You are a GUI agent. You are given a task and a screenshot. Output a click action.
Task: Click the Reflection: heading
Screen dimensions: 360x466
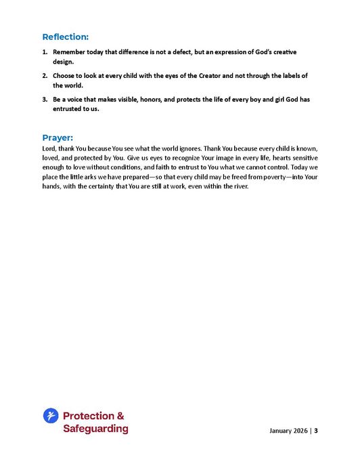click(x=65, y=37)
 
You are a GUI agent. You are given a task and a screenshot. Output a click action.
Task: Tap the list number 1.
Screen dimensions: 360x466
click(x=45, y=52)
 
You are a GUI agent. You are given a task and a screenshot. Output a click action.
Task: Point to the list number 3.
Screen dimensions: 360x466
click(x=45, y=100)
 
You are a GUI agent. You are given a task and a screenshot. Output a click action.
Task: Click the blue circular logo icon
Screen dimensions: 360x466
click(x=51, y=416)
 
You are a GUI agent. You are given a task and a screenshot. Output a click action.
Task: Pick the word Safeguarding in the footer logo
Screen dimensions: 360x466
click(x=95, y=429)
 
